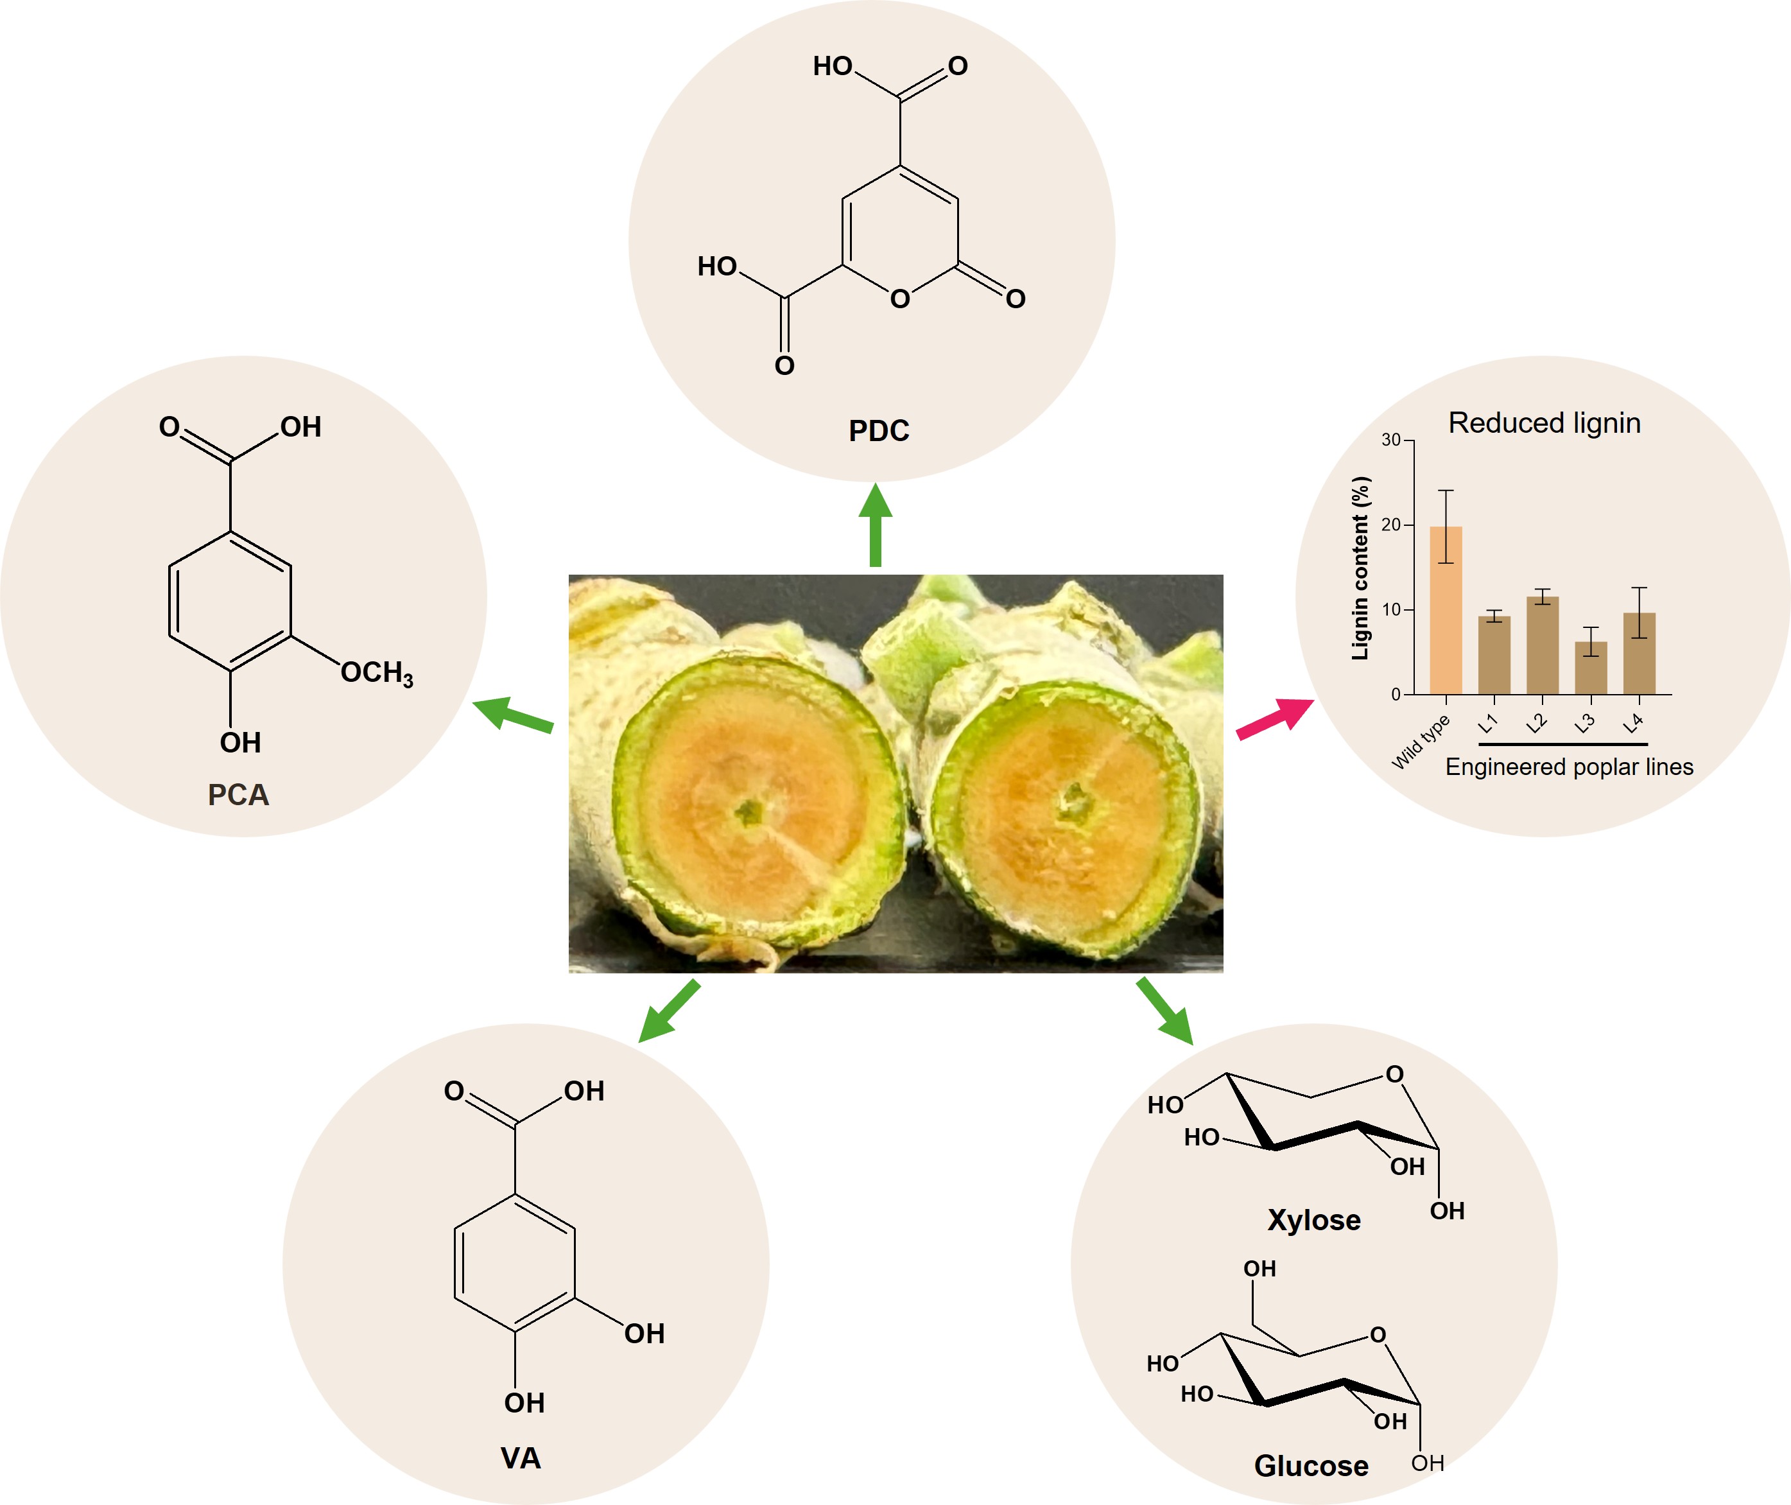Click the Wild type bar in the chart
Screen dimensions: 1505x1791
click(x=1446, y=610)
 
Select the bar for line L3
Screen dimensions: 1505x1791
click(x=1591, y=668)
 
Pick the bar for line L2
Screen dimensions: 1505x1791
click(x=1542, y=645)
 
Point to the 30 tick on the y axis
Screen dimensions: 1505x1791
click(x=1391, y=440)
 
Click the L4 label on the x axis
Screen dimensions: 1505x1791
click(x=1632, y=724)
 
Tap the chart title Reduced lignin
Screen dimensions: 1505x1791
click(x=1544, y=423)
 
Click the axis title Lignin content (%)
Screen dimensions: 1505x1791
click(x=1360, y=568)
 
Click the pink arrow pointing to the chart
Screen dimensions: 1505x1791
click(x=1275, y=718)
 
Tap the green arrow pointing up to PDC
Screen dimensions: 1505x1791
click(x=875, y=525)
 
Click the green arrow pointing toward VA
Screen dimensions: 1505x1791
click(x=670, y=1011)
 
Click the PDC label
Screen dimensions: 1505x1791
click(x=878, y=431)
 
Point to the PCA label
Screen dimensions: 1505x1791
click(x=238, y=795)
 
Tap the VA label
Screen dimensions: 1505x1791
click(x=520, y=1458)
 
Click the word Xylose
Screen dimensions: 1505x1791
click(x=1313, y=1220)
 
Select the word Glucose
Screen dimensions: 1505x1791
click(x=1311, y=1466)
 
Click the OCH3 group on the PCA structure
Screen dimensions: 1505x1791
click(x=376, y=673)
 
